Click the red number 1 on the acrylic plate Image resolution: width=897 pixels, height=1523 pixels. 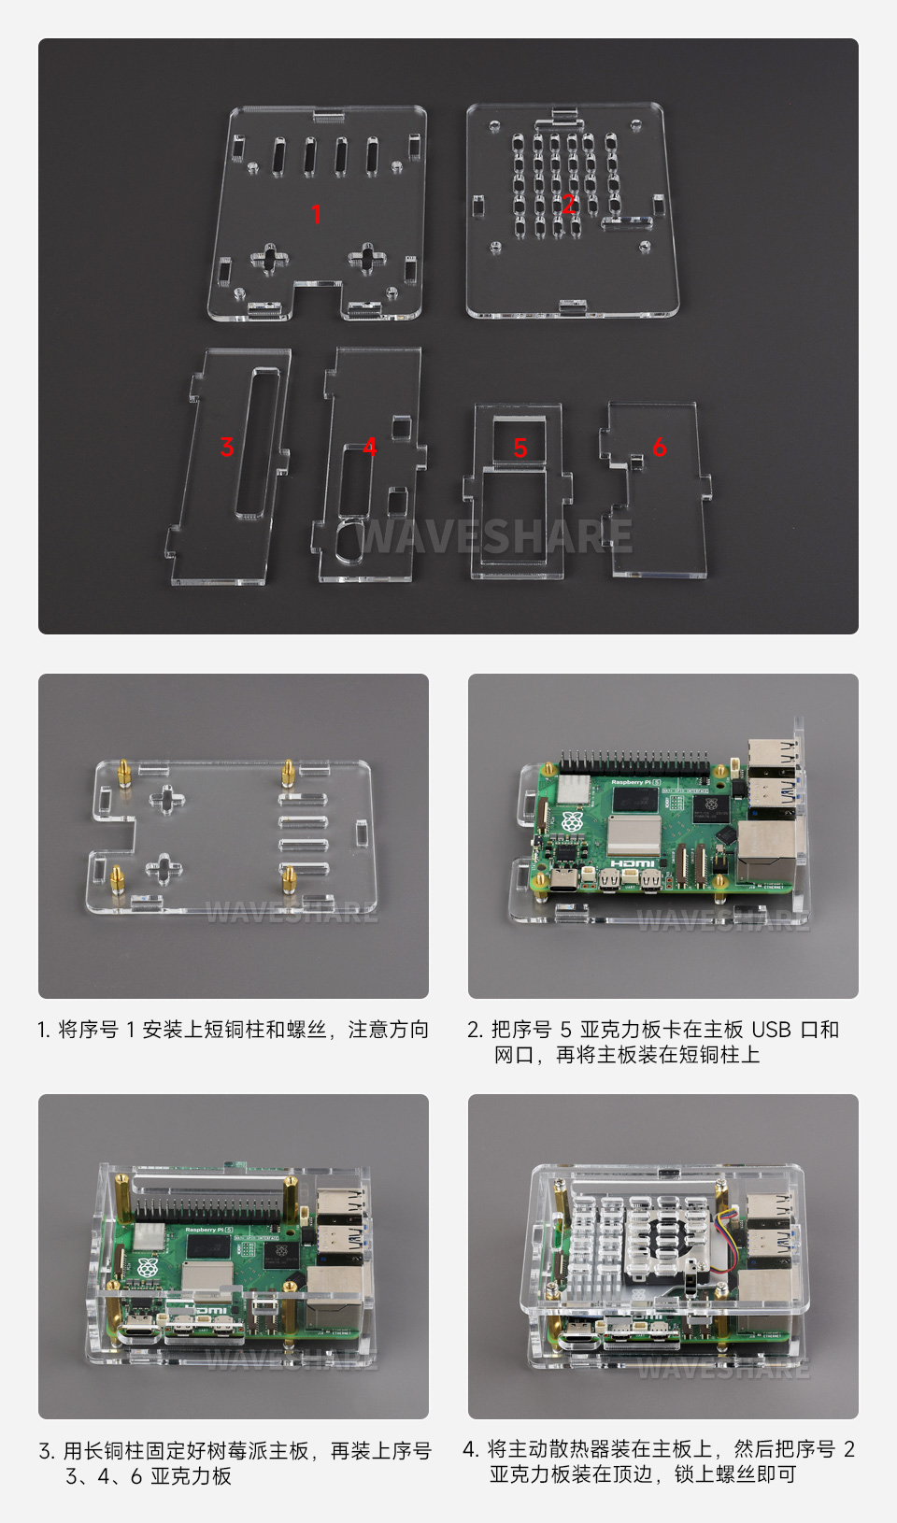317,215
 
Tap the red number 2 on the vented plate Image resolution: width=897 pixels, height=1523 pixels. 568,204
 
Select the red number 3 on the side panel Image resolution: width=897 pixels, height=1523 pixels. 226,447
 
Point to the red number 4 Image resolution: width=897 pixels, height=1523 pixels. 370,447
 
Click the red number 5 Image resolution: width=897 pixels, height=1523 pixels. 520,448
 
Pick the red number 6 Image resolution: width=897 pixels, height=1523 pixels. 660,447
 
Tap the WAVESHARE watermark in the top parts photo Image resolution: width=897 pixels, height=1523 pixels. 495,536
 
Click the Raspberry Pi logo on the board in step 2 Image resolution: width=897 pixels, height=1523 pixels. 571,823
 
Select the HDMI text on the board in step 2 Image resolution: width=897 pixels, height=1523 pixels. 633,862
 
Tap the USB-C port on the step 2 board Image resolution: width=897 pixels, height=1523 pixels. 564,880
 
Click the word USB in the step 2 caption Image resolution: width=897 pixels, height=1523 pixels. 771,1030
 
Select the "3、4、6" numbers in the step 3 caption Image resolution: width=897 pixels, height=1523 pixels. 103,1476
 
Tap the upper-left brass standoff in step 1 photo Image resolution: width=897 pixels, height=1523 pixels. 123,774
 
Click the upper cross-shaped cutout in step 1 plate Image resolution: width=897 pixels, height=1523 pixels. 166,799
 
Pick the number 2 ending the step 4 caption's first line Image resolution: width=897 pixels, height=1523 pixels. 848,1449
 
